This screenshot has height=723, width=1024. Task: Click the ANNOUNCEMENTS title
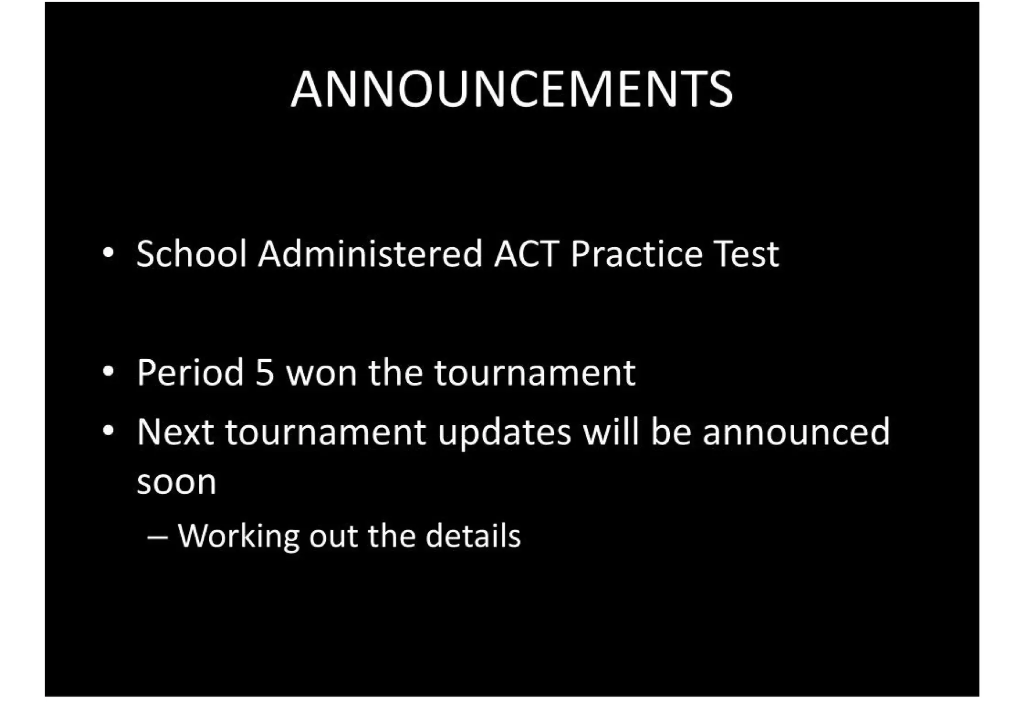pos(511,89)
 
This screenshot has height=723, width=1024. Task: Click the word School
pos(191,254)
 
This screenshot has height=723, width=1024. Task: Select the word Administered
pos(370,254)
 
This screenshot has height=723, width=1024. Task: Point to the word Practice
pos(636,254)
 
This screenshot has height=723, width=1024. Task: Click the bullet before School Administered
pos(108,253)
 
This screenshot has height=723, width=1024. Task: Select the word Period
pos(190,373)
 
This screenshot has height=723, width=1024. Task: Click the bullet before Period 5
pos(108,372)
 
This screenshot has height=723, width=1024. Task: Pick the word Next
pos(175,432)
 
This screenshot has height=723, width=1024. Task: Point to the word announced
pos(796,432)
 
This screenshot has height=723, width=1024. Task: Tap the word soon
pos(176,483)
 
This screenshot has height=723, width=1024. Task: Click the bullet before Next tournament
pos(108,431)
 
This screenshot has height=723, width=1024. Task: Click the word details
pos(473,536)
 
